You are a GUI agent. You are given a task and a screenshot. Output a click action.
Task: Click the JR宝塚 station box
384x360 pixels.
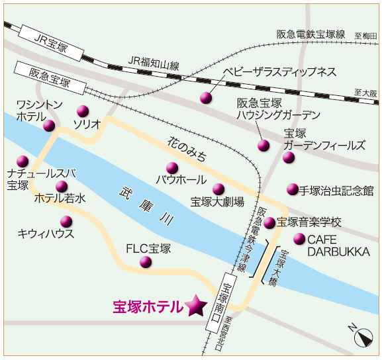pos(51,43)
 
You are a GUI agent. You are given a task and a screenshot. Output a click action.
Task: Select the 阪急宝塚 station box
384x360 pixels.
pos(50,78)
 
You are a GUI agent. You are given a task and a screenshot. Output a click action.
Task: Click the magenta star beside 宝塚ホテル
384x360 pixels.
pos(196,305)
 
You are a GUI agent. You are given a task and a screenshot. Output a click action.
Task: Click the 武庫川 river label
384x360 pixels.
pos(147,206)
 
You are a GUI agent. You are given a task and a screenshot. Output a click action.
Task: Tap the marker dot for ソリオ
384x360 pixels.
pos(83,111)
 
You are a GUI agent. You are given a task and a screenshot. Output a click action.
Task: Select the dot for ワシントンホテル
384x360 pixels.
pos(49,126)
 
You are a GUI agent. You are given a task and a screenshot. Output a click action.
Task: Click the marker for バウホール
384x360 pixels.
pos(172,168)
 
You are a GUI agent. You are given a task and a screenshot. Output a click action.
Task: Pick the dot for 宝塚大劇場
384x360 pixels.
pos(218,189)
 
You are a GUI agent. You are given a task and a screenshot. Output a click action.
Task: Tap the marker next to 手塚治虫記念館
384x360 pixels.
pos(293,189)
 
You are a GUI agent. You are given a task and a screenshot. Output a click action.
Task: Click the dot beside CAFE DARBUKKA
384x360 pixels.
pos(299,239)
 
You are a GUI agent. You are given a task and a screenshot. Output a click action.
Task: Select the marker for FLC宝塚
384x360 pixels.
pos(146,262)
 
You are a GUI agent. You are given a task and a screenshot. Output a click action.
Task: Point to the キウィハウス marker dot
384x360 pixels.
pos(66,222)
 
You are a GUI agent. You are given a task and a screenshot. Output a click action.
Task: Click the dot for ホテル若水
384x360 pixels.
pos(62,187)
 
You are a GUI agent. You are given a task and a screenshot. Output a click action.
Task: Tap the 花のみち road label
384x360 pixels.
pos(187,149)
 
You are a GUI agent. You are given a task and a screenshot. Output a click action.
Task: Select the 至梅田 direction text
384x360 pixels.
pos(365,36)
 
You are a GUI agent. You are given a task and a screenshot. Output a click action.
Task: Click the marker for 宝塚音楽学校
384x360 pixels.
pos(269,223)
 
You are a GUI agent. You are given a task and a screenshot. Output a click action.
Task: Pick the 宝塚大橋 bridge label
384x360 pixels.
pos(279,267)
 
